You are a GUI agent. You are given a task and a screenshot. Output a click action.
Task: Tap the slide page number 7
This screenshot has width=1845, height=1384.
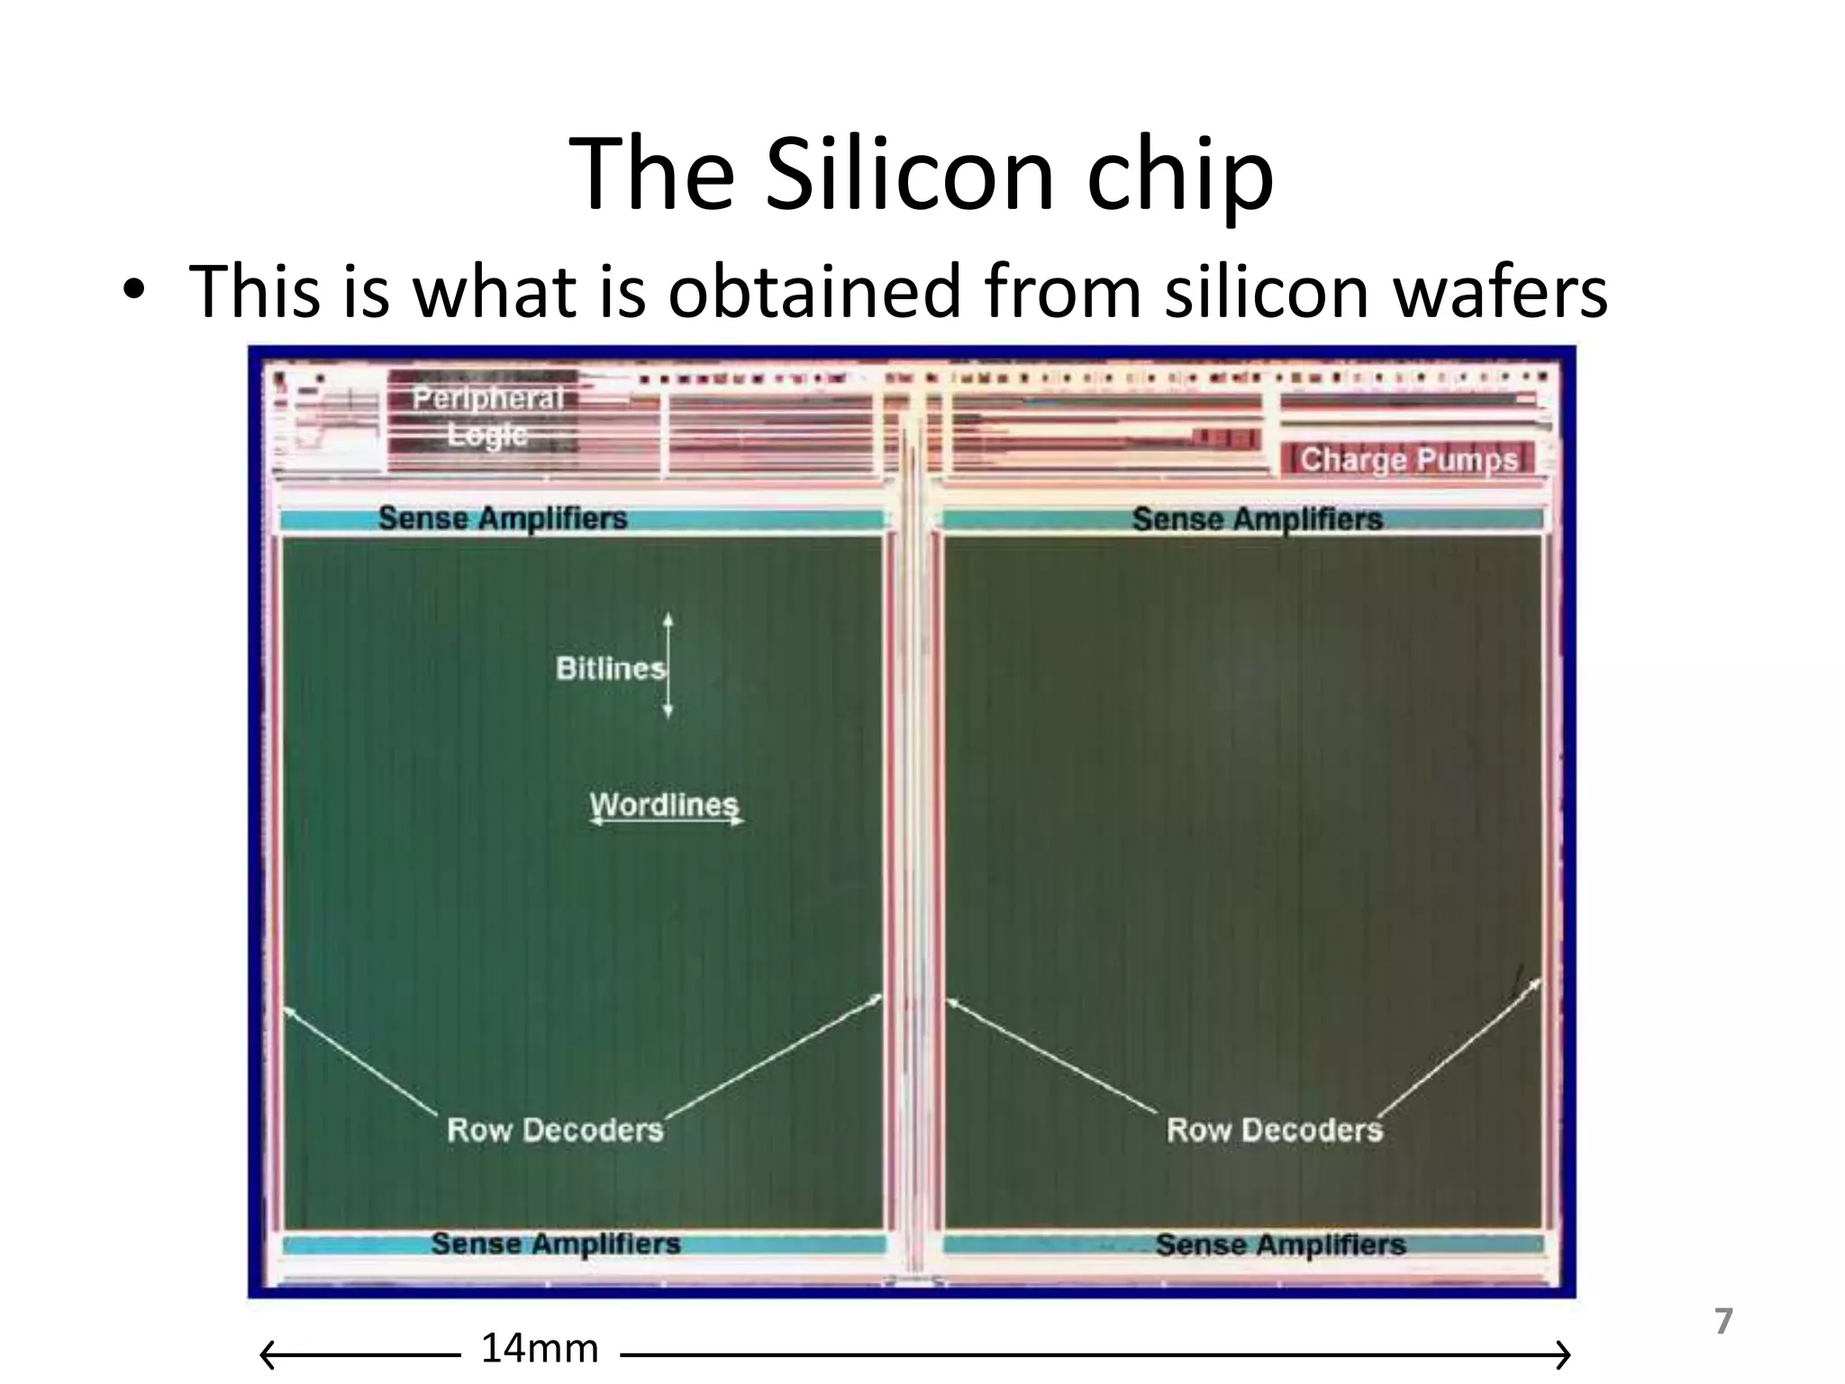1723,1322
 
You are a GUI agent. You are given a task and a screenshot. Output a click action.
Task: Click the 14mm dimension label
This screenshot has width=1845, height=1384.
540,1349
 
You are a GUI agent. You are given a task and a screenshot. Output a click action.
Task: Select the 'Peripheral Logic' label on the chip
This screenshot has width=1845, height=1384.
487,416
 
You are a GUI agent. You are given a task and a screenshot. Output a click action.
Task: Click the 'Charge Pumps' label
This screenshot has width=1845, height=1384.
1409,460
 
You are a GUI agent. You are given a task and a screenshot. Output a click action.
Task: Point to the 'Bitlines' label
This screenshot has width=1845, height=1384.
610,668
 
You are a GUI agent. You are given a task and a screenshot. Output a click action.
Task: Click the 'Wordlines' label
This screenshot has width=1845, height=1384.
664,803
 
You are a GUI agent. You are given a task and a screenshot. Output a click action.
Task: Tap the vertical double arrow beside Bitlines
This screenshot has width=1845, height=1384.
668,666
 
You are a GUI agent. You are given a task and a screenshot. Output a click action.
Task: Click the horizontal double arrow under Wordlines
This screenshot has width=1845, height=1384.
667,822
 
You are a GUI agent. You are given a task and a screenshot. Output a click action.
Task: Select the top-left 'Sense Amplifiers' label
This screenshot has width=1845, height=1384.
503,518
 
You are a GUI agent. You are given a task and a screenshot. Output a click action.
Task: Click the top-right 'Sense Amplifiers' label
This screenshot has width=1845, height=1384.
1257,519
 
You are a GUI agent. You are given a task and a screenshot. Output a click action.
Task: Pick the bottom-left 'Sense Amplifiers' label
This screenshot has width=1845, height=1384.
555,1243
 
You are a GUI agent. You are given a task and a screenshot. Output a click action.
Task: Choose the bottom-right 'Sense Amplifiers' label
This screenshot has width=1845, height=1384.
1280,1244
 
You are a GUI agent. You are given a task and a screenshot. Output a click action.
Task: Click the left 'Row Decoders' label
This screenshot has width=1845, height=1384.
555,1129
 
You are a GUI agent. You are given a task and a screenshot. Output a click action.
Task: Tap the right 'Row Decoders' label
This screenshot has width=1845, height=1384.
1274,1129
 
